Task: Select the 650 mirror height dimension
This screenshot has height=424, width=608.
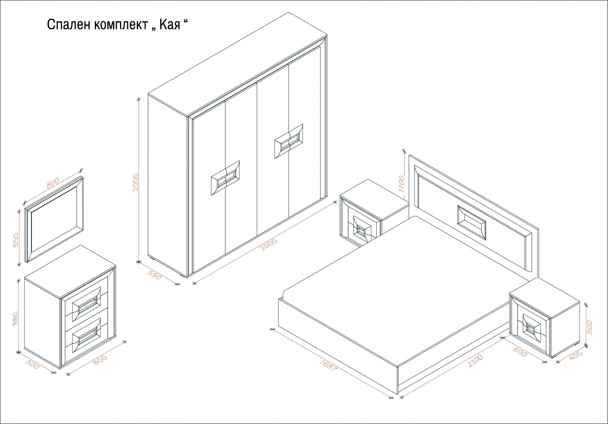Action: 16,240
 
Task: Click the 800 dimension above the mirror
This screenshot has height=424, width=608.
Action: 52,183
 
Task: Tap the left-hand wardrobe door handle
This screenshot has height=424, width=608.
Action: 225,178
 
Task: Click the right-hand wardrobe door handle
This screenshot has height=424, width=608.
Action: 289,141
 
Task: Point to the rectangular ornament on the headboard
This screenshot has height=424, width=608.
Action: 472,223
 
